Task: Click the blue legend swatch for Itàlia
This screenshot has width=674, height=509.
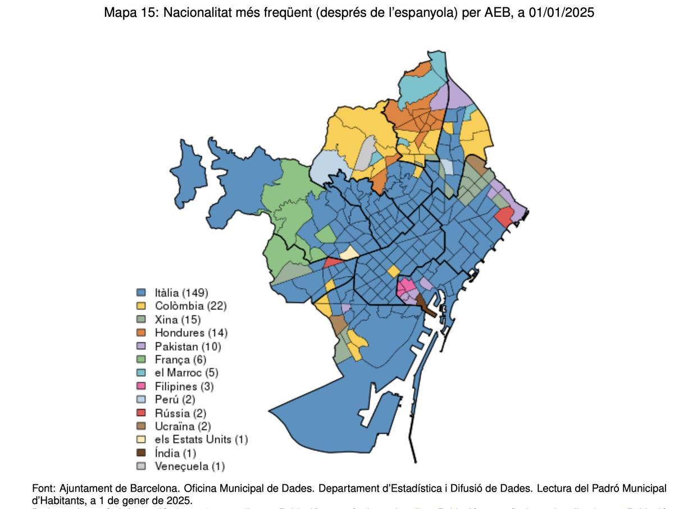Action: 142,293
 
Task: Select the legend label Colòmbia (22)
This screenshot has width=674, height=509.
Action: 190,306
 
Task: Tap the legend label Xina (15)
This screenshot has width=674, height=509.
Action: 177,320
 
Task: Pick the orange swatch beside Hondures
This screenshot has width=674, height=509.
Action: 142,333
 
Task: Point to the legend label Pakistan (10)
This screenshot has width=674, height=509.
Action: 188,346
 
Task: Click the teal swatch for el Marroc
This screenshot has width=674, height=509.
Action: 142,372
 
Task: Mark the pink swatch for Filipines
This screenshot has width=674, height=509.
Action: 142,386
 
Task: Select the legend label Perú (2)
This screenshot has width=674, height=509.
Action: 175,399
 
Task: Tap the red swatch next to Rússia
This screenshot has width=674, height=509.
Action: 142,413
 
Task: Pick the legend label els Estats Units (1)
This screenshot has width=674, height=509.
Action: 201,439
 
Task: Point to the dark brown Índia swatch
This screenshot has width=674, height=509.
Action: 142,453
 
